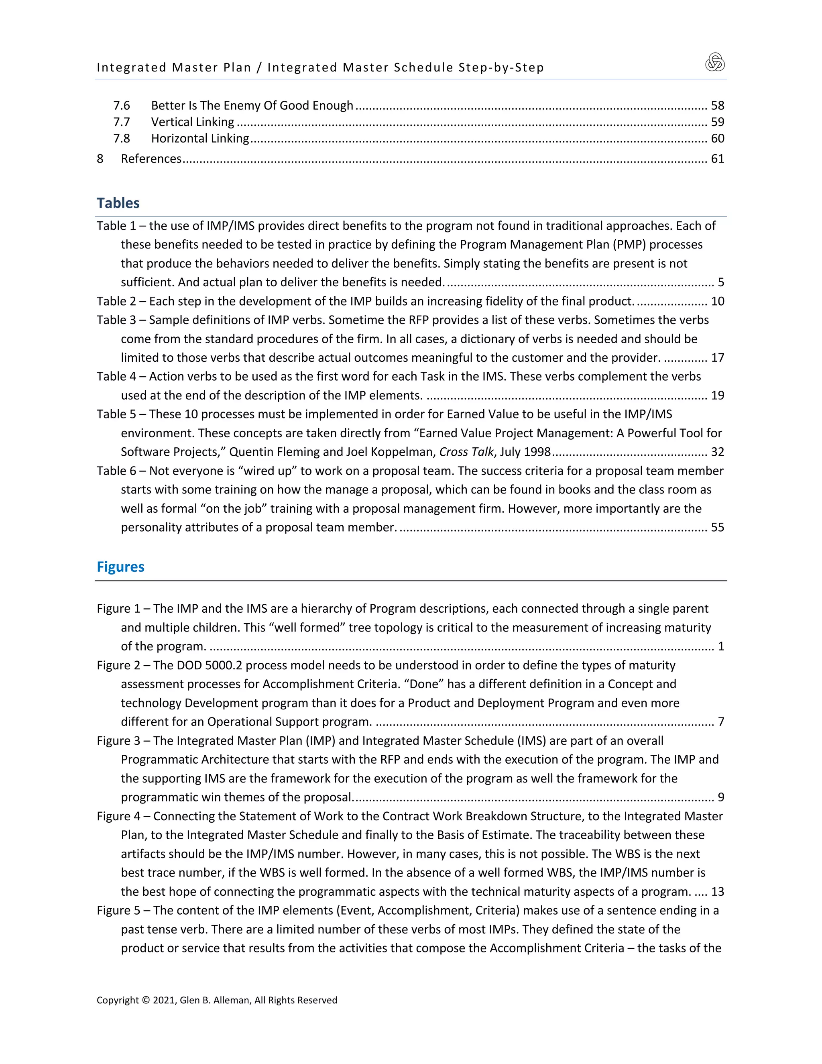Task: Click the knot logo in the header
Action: pos(715,62)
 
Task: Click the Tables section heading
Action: pos(118,203)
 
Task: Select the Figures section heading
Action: pos(120,567)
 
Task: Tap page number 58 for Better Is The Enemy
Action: pos(717,105)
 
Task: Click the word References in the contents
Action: pos(151,159)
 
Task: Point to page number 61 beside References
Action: pos(717,159)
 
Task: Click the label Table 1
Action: pos(116,226)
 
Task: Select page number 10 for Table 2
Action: pos(717,301)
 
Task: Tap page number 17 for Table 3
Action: pos(717,358)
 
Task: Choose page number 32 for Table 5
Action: pos(717,452)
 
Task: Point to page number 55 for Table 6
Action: pos(717,527)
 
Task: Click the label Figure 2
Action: pos(118,665)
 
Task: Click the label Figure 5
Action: pos(118,911)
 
